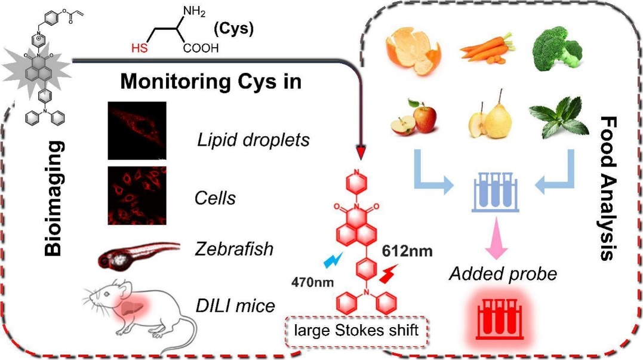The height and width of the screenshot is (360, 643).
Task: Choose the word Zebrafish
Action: tap(234, 248)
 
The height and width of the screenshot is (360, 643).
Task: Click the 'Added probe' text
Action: tap(503, 274)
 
